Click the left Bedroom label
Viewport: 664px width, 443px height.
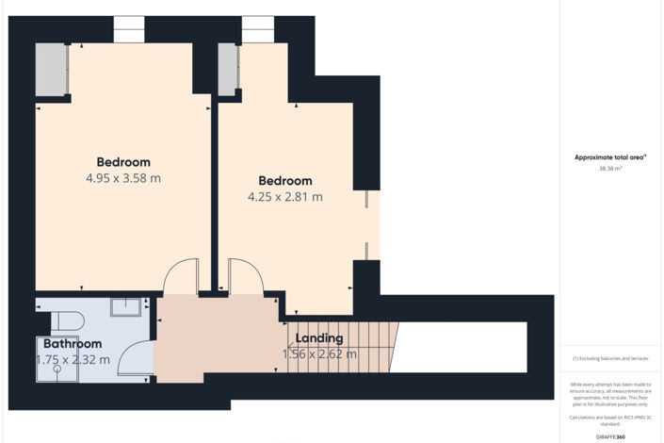pyautogui.click(x=123, y=161)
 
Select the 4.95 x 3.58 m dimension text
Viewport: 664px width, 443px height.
pyautogui.click(x=123, y=178)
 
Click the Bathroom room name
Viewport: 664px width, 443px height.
pyautogui.click(x=72, y=344)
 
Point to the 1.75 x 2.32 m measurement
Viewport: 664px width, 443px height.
pyautogui.click(x=73, y=359)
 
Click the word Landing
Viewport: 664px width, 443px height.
pyautogui.click(x=319, y=338)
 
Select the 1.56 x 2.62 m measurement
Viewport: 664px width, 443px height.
pyautogui.click(x=319, y=354)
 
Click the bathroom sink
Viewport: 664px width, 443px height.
pyautogui.click(x=126, y=306)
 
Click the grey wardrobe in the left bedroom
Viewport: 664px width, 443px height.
pyautogui.click(x=52, y=69)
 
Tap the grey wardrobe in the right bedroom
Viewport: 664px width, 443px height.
pyautogui.click(x=228, y=70)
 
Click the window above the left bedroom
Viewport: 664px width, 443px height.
pyautogui.click(x=127, y=29)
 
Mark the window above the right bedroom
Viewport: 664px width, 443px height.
pyautogui.click(x=256, y=29)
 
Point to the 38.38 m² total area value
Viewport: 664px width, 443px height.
pyautogui.click(x=609, y=169)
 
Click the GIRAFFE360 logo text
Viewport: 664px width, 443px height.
pyautogui.click(x=609, y=436)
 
